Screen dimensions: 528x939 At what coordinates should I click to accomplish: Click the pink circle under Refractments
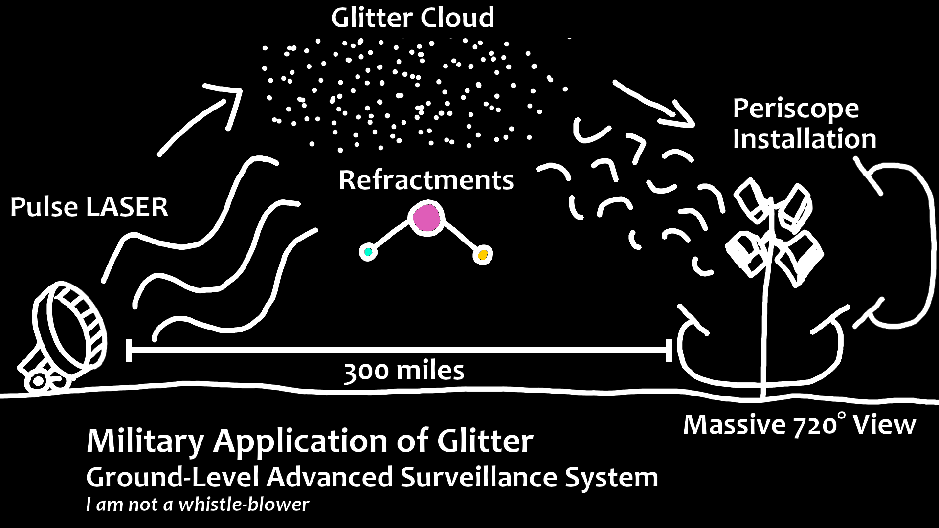point(427,218)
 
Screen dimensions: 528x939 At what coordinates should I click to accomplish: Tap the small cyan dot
point(368,252)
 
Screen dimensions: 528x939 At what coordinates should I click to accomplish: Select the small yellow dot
point(483,255)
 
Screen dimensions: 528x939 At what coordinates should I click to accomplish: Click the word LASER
point(127,207)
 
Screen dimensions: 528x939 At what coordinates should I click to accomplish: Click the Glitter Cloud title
point(412,18)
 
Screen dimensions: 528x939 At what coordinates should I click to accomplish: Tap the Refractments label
point(426,180)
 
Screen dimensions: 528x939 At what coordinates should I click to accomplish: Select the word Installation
point(805,139)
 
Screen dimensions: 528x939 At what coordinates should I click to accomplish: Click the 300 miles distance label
point(404,371)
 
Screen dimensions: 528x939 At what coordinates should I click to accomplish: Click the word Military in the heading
point(145,441)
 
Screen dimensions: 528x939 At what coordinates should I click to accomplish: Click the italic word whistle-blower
point(244,505)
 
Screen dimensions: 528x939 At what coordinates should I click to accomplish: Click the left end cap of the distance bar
point(129,350)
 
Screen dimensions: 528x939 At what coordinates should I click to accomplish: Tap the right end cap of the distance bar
point(669,350)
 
